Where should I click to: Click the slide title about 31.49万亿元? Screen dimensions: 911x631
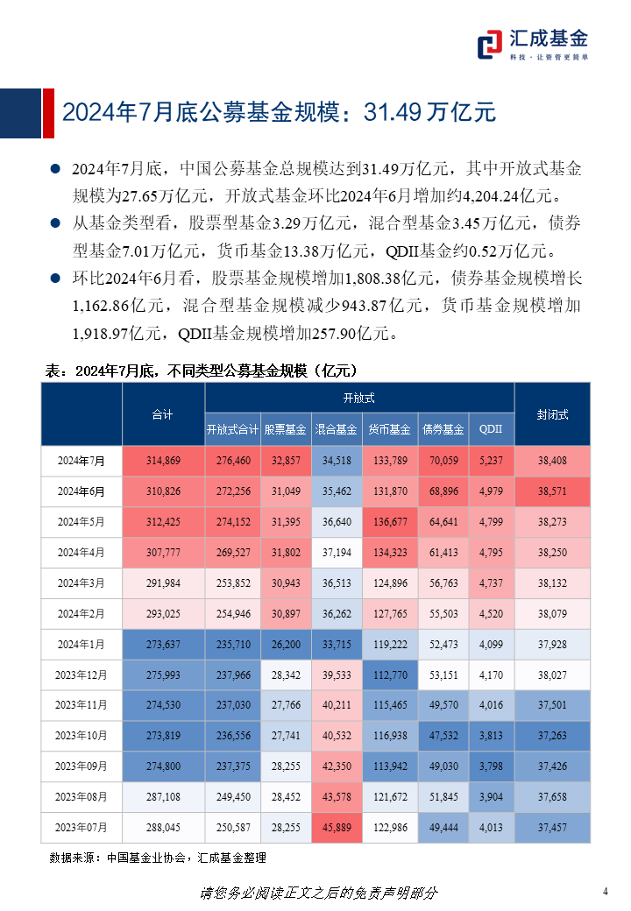(x=279, y=111)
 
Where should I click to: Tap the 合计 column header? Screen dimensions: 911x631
(x=162, y=414)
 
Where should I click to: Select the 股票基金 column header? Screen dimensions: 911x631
(x=285, y=429)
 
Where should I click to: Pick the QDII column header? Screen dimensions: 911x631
(x=491, y=429)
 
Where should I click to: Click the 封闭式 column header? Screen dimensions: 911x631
(x=552, y=414)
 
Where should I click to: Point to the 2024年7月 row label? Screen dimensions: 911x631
(x=81, y=461)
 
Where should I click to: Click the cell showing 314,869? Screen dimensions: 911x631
(x=163, y=461)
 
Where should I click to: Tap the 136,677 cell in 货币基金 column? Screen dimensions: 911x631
(x=389, y=522)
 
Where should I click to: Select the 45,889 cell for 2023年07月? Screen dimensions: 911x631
(x=337, y=828)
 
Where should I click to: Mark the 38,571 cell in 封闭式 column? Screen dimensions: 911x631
(x=552, y=491)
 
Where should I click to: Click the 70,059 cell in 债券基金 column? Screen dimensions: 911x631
(x=443, y=461)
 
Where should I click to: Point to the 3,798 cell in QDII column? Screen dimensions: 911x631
(x=491, y=766)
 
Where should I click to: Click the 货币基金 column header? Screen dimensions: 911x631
(x=389, y=429)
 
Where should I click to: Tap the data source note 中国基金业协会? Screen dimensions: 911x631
(x=158, y=858)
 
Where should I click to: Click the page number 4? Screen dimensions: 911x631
(x=606, y=892)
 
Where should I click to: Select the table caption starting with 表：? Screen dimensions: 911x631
(x=201, y=371)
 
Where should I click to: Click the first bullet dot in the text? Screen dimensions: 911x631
(x=55, y=168)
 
